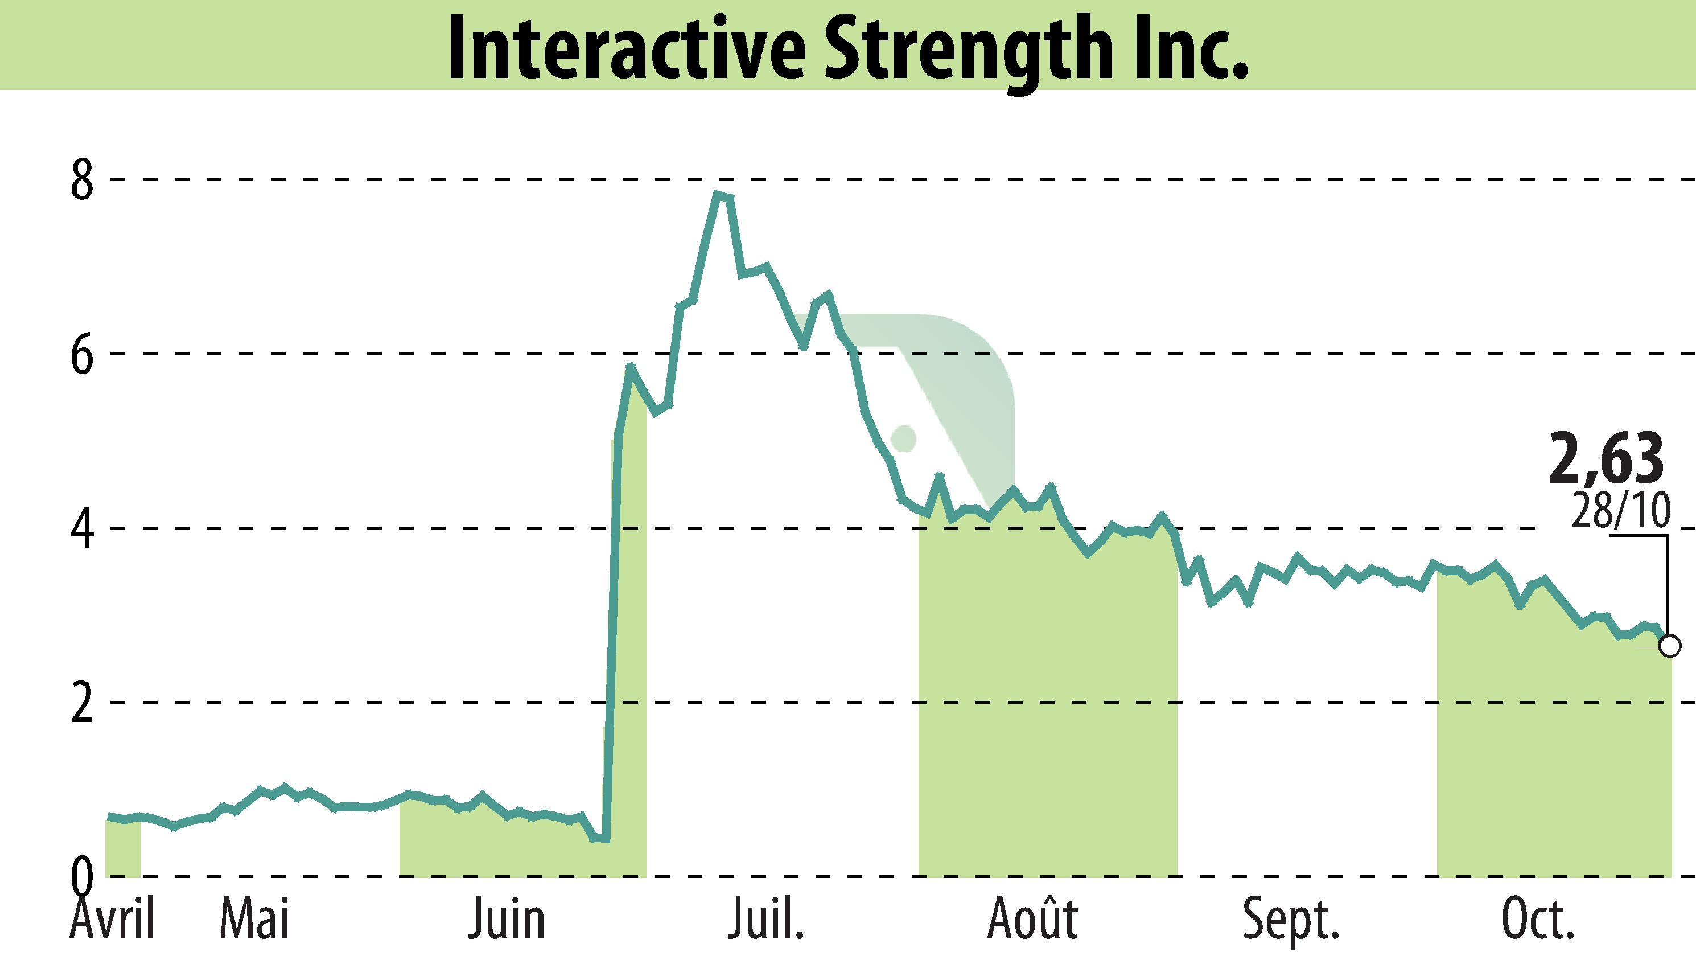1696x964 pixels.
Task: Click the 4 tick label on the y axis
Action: (83, 528)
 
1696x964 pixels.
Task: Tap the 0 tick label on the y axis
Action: (83, 875)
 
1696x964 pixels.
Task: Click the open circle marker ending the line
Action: (1670, 645)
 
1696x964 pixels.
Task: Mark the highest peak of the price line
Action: (717, 194)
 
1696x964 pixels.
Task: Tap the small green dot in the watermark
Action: (903, 438)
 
